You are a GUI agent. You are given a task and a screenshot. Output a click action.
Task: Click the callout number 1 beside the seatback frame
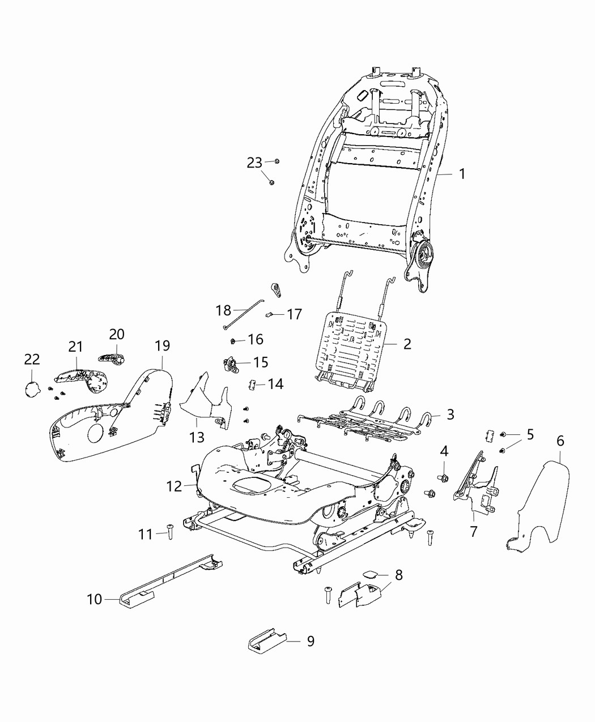tap(462, 174)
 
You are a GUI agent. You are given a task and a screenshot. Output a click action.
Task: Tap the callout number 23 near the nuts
tap(254, 163)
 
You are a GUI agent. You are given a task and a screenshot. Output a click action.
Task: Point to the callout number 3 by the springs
tap(450, 415)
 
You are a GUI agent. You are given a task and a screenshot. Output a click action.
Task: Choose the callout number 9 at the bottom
tap(310, 641)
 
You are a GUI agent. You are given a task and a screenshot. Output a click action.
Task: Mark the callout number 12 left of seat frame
tap(174, 486)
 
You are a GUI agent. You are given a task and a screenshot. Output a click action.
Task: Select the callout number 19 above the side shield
tap(162, 345)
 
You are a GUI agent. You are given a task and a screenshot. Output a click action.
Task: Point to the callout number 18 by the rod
tap(223, 310)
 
